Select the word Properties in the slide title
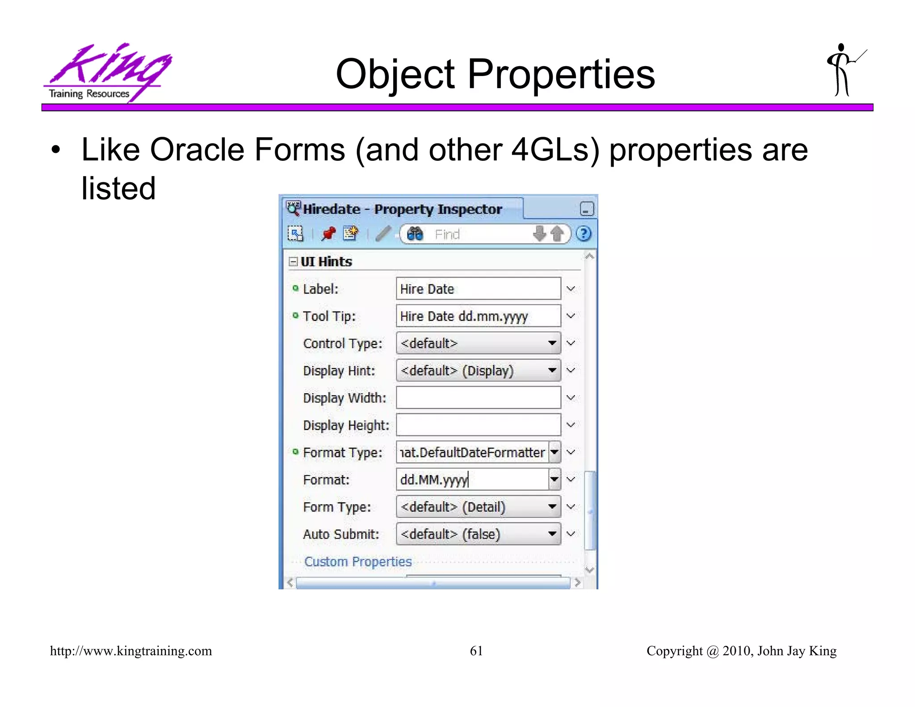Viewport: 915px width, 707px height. [561, 75]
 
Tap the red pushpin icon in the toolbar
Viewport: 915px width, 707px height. [328, 233]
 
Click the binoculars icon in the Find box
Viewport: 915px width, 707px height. [415, 234]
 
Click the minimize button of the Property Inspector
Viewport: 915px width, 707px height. [587, 209]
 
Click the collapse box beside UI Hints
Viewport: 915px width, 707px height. [293, 261]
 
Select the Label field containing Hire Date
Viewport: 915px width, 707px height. [478, 289]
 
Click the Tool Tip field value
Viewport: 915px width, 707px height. [478, 316]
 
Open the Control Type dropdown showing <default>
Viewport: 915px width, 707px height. [478, 343]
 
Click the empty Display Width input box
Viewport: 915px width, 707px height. [478, 398]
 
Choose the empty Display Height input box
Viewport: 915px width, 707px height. [478, 425]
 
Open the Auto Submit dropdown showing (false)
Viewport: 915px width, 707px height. [478, 534]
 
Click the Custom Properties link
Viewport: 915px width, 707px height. [358, 562]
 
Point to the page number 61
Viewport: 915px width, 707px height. [476, 651]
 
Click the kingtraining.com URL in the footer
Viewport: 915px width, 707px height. [131, 651]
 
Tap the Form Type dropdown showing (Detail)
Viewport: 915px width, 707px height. [478, 507]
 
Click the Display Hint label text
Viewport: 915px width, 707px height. [339, 371]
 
